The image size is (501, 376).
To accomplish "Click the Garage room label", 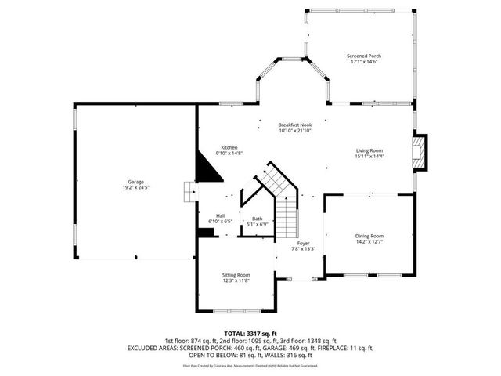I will pyautogui.click(x=135, y=182).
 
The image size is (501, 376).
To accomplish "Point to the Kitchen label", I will pyautogui.click(x=229, y=147).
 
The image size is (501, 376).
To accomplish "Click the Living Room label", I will pyautogui.click(x=369, y=150).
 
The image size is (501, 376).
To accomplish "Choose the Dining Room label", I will pyautogui.click(x=369, y=236).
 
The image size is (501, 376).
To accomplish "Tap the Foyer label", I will pyautogui.click(x=303, y=244).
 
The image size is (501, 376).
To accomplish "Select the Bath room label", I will pyautogui.click(x=257, y=219).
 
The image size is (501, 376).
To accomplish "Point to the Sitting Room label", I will pyautogui.click(x=236, y=274).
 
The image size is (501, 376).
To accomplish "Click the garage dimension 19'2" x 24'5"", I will pyautogui.click(x=135, y=188).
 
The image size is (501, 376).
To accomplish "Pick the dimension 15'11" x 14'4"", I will pyautogui.click(x=369, y=157).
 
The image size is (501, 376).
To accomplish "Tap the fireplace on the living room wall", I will pyautogui.click(x=421, y=151).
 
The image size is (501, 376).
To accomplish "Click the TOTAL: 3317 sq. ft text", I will pyautogui.click(x=250, y=333).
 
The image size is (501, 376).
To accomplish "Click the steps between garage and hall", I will pyautogui.click(x=188, y=191).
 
